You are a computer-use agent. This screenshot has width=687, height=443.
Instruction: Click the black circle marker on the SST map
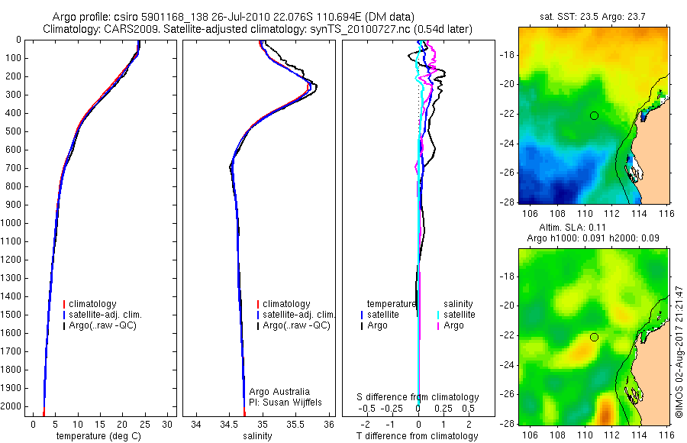pos(594,115)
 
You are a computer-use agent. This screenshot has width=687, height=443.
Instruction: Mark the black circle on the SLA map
pos(594,337)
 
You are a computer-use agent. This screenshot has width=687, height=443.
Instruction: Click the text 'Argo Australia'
pos(279,392)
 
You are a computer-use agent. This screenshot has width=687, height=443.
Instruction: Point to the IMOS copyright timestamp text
pos(679,351)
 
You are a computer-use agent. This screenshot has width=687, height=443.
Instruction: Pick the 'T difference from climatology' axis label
pos(418,436)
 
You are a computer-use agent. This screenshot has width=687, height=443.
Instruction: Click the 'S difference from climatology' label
pos(418,397)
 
